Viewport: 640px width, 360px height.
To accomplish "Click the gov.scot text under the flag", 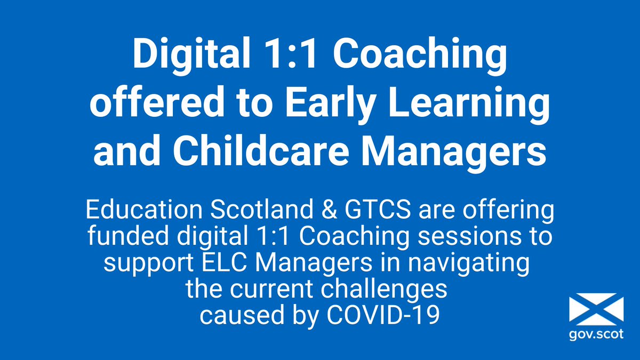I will coord(596,337).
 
